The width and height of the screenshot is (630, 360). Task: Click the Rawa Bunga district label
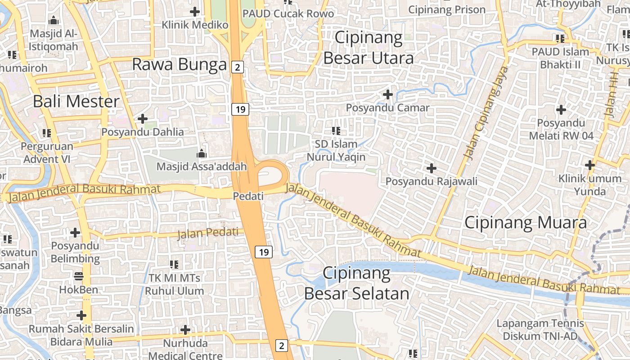click(x=179, y=65)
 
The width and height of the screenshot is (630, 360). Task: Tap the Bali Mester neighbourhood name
click(x=76, y=101)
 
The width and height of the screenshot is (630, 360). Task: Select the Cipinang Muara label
click(x=525, y=223)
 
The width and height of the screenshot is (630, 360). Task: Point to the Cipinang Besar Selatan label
click(x=356, y=283)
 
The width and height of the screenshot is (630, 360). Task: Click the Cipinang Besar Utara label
click(x=368, y=48)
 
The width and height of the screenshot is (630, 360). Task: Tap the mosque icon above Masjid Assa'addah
click(x=201, y=154)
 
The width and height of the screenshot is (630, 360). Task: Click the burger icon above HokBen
click(x=79, y=276)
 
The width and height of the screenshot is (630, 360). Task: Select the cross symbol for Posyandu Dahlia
click(x=143, y=119)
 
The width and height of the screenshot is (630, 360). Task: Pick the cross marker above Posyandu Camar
click(x=387, y=94)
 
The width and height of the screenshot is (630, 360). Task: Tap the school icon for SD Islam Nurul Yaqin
click(x=336, y=131)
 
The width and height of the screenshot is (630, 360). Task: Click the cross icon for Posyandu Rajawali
click(x=431, y=168)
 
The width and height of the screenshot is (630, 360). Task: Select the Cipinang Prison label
click(x=447, y=9)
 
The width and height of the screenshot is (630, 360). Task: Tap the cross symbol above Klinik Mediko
click(x=195, y=11)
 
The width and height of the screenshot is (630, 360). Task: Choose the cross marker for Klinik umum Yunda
click(x=589, y=165)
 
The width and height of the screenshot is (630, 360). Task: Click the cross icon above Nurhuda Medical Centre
click(x=185, y=330)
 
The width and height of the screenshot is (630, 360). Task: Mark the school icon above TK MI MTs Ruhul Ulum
click(x=174, y=264)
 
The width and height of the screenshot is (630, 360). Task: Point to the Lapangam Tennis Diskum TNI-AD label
click(x=540, y=329)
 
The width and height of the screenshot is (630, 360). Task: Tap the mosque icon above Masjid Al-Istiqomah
click(x=54, y=20)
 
